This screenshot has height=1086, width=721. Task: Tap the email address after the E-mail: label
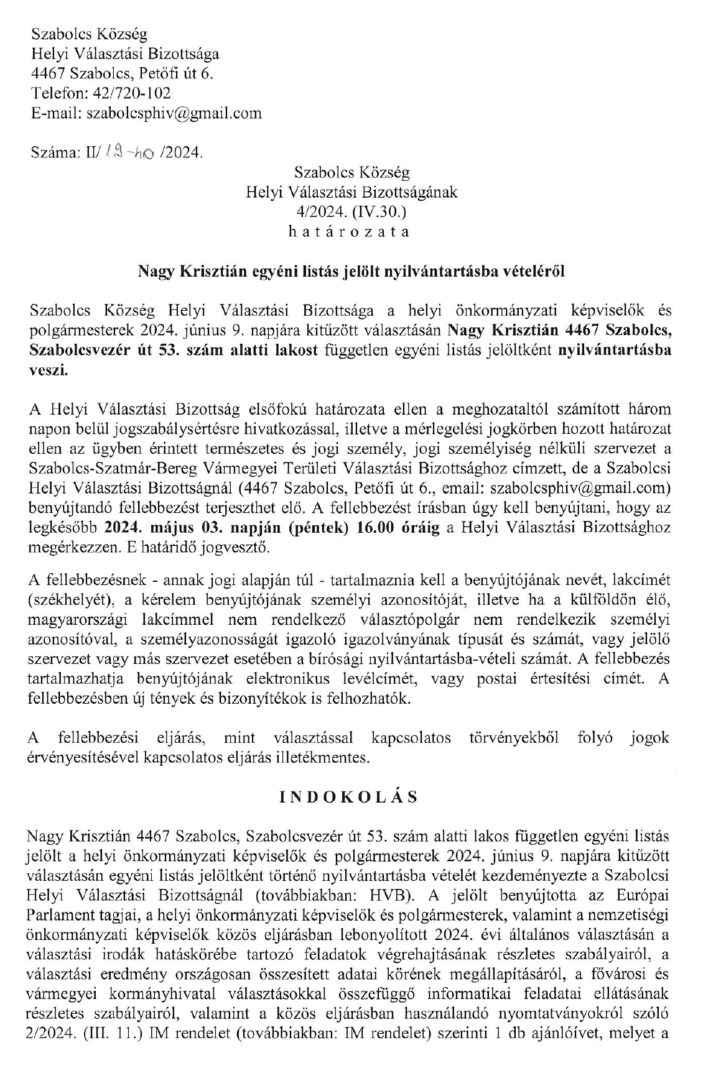pos(174,113)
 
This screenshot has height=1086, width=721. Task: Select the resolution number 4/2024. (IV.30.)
pos(351,211)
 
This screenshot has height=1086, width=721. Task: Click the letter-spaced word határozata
pos(351,232)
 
